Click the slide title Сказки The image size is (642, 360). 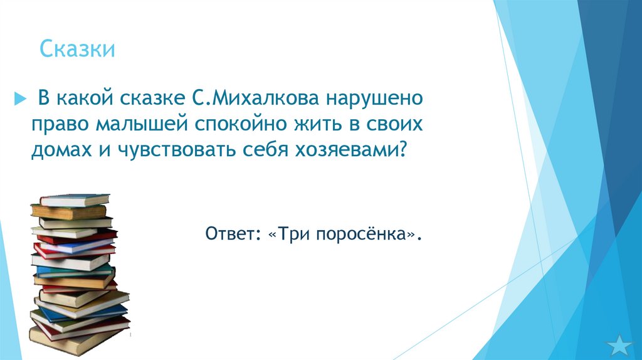(x=77, y=50)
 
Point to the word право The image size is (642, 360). (x=61, y=124)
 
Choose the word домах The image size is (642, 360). (x=58, y=151)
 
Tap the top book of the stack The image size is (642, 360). (x=74, y=200)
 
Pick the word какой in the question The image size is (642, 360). (x=84, y=98)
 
